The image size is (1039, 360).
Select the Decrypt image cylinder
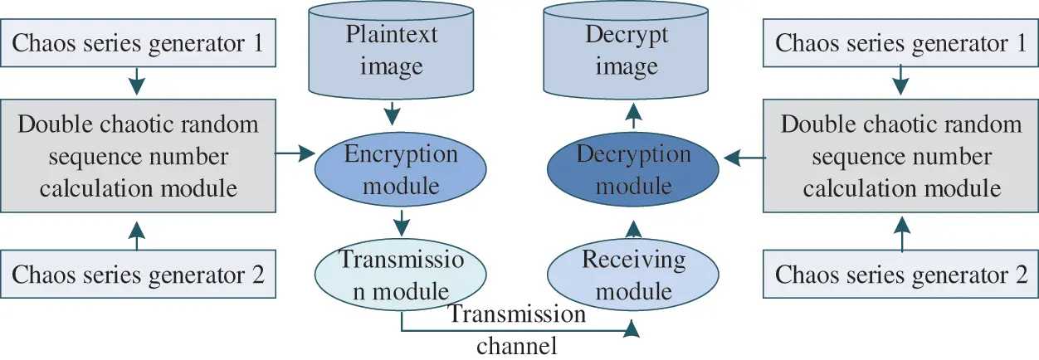(627, 51)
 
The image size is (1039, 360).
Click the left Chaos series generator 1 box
(138, 42)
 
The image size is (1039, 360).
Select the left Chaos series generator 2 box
(138, 275)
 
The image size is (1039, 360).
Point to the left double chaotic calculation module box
(138, 157)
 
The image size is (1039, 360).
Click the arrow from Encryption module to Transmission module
(402, 221)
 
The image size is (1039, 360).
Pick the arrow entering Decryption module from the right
(743, 155)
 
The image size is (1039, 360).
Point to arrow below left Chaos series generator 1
(138, 83)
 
